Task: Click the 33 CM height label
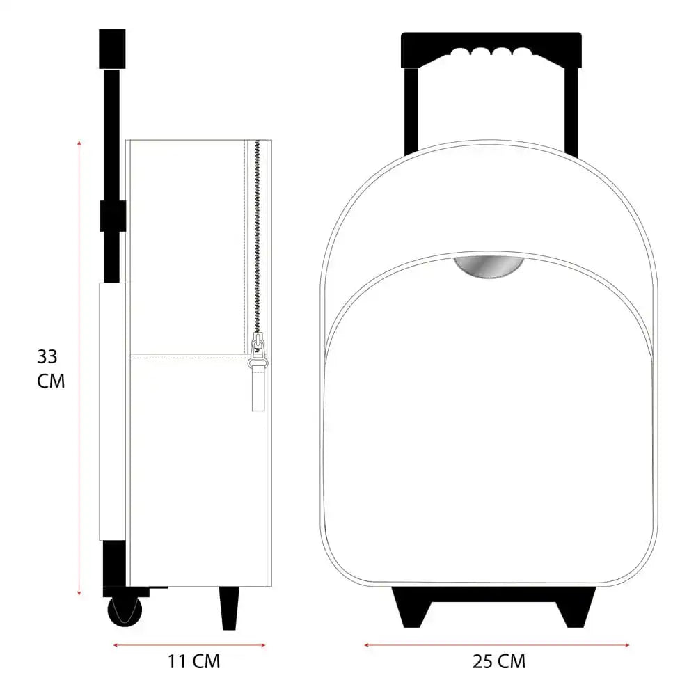[x=50, y=369]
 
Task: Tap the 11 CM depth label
[x=193, y=661]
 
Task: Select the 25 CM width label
[x=499, y=661]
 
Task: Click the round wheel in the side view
[x=125, y=610]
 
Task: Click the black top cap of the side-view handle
[x=112, y=48]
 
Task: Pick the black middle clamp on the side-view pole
[x=112, y=216]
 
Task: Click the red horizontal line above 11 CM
[x=189, y=644]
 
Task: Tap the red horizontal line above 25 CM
[x=497, y=644]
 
